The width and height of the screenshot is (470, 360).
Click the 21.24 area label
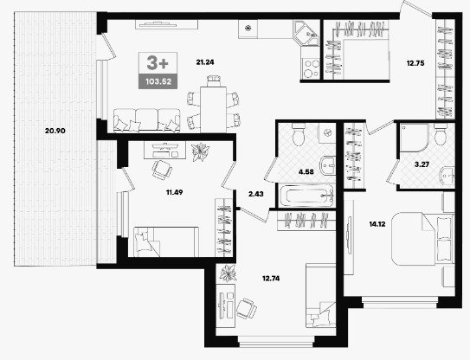[205, 62]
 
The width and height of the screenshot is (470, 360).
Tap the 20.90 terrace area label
[55, 131]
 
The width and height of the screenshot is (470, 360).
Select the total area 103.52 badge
[158, 81]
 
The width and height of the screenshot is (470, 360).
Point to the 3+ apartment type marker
[158, 63]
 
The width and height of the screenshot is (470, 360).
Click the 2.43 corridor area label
[256, 194]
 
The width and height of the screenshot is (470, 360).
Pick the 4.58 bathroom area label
[306, 172]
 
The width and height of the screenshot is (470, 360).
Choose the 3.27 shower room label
[422, 164]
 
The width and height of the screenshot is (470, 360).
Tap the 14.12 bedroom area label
[377, 224]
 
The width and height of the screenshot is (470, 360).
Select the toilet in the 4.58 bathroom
[299, 135]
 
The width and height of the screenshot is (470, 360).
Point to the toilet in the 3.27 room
[441, 135]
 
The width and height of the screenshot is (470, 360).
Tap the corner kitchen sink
[306, 33]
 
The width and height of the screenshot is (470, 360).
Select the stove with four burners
[311, 68]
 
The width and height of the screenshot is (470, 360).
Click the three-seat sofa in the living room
[147, 120]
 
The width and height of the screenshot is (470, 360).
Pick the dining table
[213, 109]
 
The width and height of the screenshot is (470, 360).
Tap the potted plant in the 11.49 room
[200, 151]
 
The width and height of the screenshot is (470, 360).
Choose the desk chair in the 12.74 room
[247, 308]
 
